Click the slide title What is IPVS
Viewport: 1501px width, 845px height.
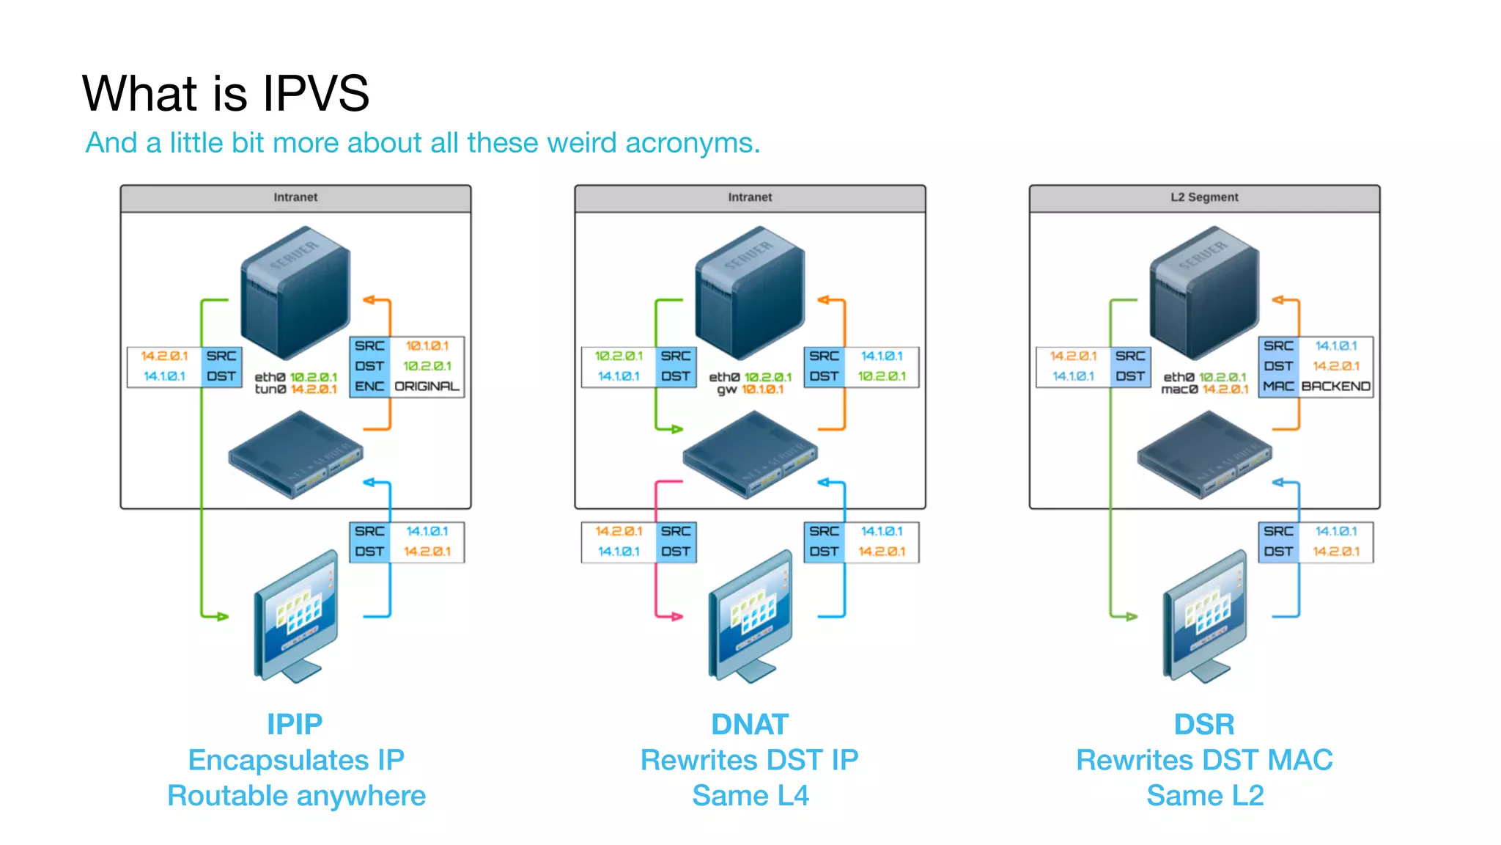pos(225,93)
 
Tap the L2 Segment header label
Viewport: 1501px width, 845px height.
pos(1203,197)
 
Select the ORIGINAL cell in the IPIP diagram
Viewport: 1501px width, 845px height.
pos(427,386)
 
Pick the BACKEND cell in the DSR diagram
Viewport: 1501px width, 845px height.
pos(1335,386)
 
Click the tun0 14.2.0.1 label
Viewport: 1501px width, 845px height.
pos(295,389)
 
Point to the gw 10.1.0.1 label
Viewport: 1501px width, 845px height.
pos(750,389)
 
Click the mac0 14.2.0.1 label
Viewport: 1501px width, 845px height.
pos(1204,389)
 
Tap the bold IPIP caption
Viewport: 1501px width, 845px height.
pos(295,724)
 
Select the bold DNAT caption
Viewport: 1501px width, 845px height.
pos(750,724)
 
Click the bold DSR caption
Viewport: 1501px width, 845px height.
pos(1204,724)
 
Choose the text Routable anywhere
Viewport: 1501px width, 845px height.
pos(296,795)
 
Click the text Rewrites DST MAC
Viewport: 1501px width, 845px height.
pos(1204,760)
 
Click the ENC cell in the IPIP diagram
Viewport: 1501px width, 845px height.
pos(369,386)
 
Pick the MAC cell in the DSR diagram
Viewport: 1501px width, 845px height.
pos(1278,386)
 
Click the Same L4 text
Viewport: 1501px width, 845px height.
pos(750,795)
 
